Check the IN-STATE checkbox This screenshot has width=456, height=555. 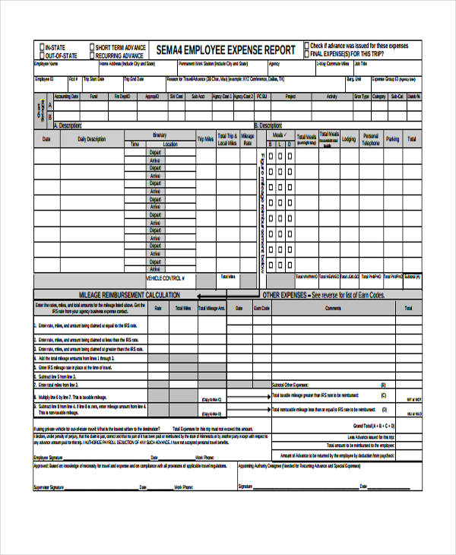coord(40,48)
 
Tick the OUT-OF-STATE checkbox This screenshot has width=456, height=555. coord(40,55)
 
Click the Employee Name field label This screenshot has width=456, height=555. coord(47,65)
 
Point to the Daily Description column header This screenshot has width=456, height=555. coord(92,139)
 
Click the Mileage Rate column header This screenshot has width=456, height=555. coord(248,139)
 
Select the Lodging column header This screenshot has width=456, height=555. coord(349,139)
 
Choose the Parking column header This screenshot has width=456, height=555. coord(392,139)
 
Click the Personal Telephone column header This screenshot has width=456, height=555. coord(370,139)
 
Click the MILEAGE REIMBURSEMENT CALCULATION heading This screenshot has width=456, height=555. coord(129,295)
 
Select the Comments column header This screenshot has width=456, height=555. coord(333,308)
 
